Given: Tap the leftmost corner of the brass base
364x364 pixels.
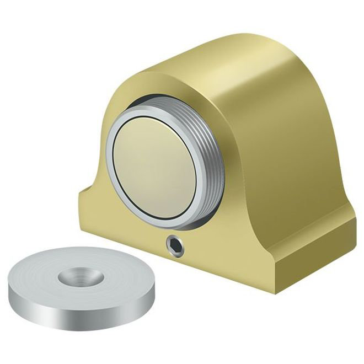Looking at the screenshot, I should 81,193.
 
